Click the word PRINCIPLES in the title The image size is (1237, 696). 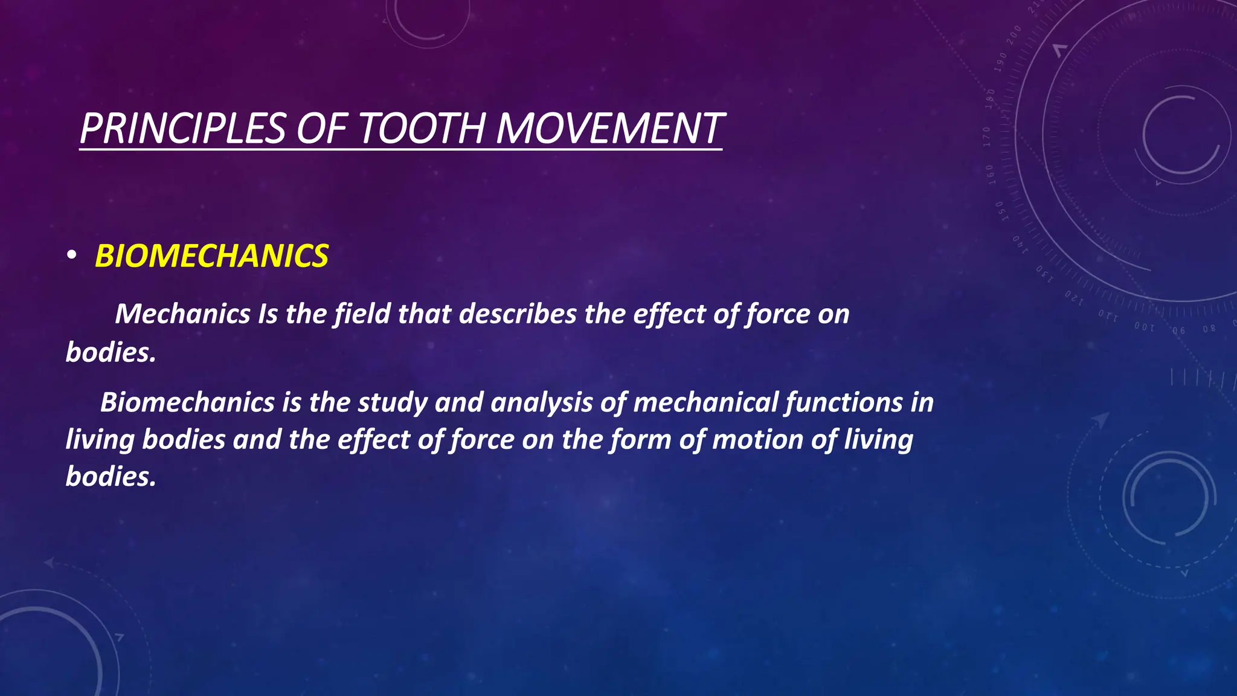click(x=182, y=129)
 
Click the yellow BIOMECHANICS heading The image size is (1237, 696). click(x=211, y=256)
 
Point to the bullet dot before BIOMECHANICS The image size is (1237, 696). click(x=71, y=257)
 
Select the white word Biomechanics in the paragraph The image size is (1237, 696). click(x=187, y=402)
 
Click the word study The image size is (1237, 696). click(x=392, y=402)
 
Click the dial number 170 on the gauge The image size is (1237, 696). click(x=987, y=137)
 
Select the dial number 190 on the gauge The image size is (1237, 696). click(x=1001, y=62)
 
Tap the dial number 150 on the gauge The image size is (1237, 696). click(x=1000, y=211)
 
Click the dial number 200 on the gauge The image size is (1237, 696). click(x=1014, y=35)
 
